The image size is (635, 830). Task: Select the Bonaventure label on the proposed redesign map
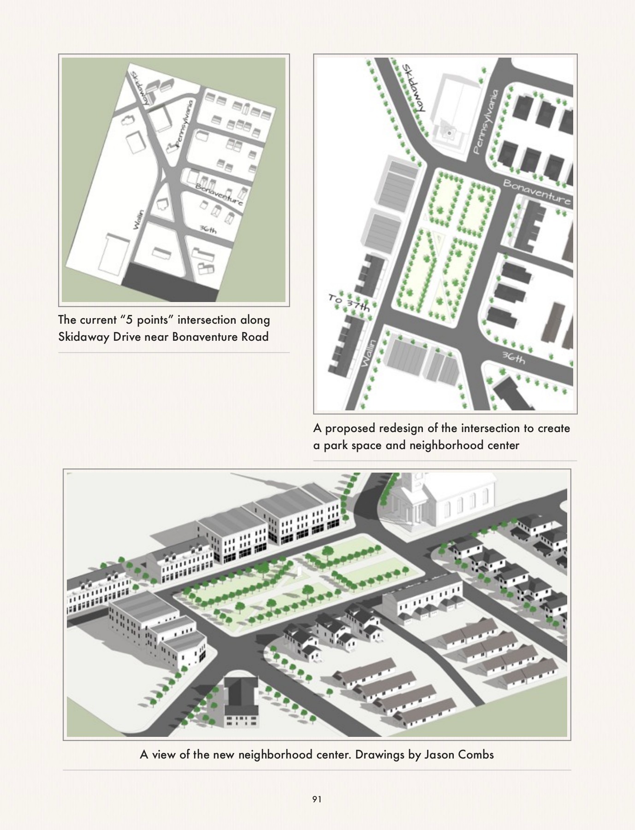pyautogui.click(x=537, y=192)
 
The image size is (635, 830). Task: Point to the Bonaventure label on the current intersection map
pyautogui.click(x=220, y=195)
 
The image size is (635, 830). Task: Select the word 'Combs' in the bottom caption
pyautogui.click(x=478, y=755)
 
